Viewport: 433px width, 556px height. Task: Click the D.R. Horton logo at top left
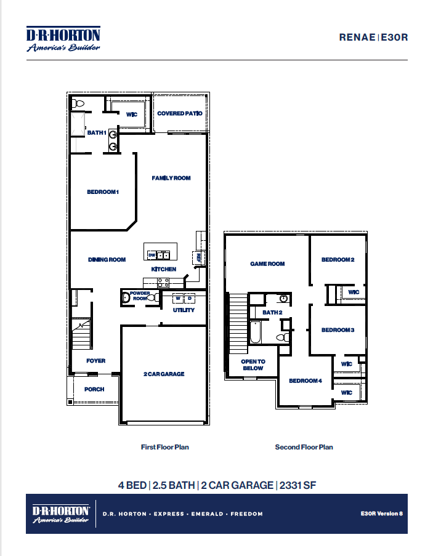pyautogui.click(x=63, y=39)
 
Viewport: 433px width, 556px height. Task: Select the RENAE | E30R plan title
pyautogui.click(x=373, y=37)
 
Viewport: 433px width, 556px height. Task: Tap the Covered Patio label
pyautogui.click(x=179, y=113)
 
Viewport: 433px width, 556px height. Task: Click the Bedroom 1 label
pyautogui.click(x=102, y=192)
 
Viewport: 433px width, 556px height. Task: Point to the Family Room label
pyautogui.click(x=171, y=178)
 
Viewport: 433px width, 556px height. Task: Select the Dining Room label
pyautogui.click(x=107, y=260)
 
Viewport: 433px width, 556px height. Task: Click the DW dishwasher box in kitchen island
pyautogui.click(x=152, y=254)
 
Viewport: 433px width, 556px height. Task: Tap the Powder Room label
pyautogui.click(x=140, y=296)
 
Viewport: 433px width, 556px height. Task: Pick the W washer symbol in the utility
pyautogui.click(x=178, y=299)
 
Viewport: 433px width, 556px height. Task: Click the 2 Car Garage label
pyautogui.click(x=164, y=374)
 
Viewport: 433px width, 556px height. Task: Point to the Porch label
pyautogui.click(x=94, y=389)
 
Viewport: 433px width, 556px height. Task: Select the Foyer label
pyautogui.click(x=95, y=361)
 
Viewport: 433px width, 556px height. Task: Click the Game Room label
pyautogui.click(x=267, y=264)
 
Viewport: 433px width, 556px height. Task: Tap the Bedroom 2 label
pyautogui.click(x=338, y=260)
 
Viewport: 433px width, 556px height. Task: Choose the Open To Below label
pyautogui.click(x=253, y=365)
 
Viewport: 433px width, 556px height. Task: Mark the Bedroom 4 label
pyautogui.click(x=306, y=381)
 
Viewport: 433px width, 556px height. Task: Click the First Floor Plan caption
pyautogui.click(x=164, y=447)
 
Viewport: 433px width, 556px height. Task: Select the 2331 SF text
pyautogui.click(x=297, y=485)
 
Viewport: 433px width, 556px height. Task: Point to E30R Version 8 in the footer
pyautogui.click(x=382, y=513)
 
